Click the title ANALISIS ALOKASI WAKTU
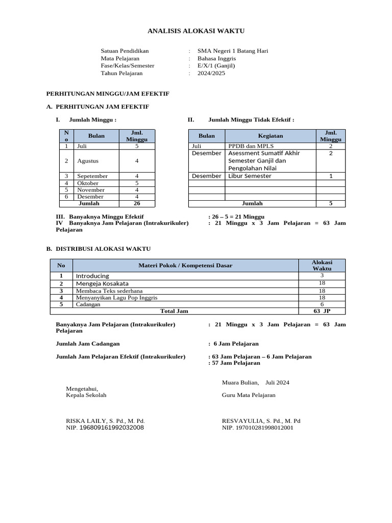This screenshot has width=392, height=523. coord(196,31)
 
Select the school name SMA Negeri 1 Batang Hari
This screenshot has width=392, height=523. coord(233,51)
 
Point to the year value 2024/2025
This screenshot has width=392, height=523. coord(211,73)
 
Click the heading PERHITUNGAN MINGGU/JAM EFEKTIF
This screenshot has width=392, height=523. coord(108,94)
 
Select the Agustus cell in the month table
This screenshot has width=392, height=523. coord(88,161)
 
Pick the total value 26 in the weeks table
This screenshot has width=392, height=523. coord(136,203)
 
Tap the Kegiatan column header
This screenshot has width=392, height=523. coord(270,136)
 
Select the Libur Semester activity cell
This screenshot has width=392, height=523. coord(250,176)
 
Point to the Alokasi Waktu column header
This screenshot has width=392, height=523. coord(322,265)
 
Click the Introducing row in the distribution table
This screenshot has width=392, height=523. coord(92,276)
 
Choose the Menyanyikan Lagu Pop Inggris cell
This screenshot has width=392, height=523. coord(109,297)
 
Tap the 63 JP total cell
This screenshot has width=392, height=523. coord(322,311)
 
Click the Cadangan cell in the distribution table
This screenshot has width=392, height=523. coord(88,304)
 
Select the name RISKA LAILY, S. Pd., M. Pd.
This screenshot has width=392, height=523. coord(102,421)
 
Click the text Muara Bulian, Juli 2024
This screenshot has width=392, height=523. coord(255,383)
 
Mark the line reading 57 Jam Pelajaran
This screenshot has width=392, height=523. coord(236,363)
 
